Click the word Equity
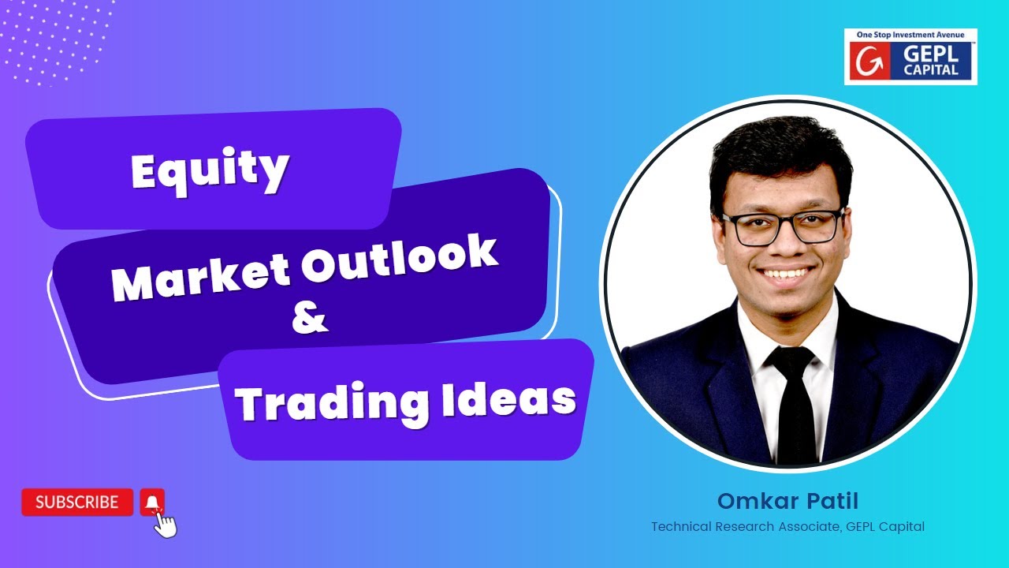(x=210, y=170)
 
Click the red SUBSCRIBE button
(x=77, y=502)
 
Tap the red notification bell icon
(x=152, y=501)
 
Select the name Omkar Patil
(x=787, y=501)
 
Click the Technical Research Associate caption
(x=787, y=526)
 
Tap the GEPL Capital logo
(x=910, y=57)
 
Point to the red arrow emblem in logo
(x=866, y=62)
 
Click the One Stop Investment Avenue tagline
(x=910, y=35)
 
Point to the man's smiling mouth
(x=786, y=275)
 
